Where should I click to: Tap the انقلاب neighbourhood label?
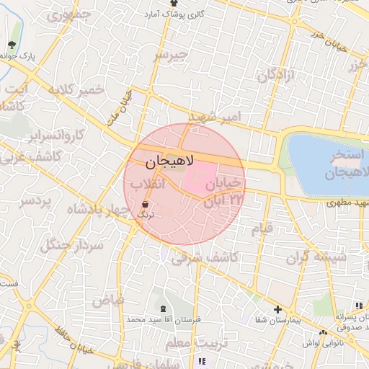tap(148, 185)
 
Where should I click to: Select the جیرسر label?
tap(171, 55)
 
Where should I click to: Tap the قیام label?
tap(262, 229)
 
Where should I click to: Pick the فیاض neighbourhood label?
tap(108, 298)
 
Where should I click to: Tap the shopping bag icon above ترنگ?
tap(146, 203)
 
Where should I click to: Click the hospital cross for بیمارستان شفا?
tap(277, 309)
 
